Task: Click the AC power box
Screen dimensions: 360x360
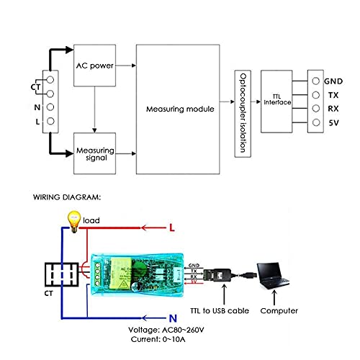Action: coord(95,65)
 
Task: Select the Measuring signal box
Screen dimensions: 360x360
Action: coord(95,152)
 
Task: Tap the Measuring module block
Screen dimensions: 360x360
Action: coord(180,109)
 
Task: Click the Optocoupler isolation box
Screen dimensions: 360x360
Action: coord(243,114)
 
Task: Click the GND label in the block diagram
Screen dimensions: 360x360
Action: coord(333,81)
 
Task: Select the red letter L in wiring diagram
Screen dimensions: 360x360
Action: coord(172,228)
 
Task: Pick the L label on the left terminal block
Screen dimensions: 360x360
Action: coord(37,122)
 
